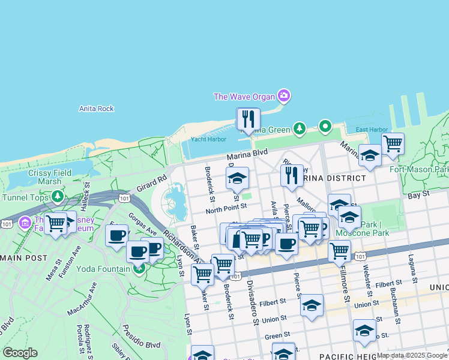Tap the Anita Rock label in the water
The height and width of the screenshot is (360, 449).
pyautogui.click(x=96, y=109)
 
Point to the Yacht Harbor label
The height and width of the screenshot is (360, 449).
pyautogui.click(x=208, y=139)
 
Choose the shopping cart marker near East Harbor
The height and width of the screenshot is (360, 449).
pyautogui.click(x=393, y=143)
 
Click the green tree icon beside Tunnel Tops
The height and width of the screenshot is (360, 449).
pyautogui.click(x=58, y=196)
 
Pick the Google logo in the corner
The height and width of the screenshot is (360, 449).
pyautogui.click(x=20, y=353)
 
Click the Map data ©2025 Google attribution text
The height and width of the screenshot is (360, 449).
pyautogui.click(x=412, y=355)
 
